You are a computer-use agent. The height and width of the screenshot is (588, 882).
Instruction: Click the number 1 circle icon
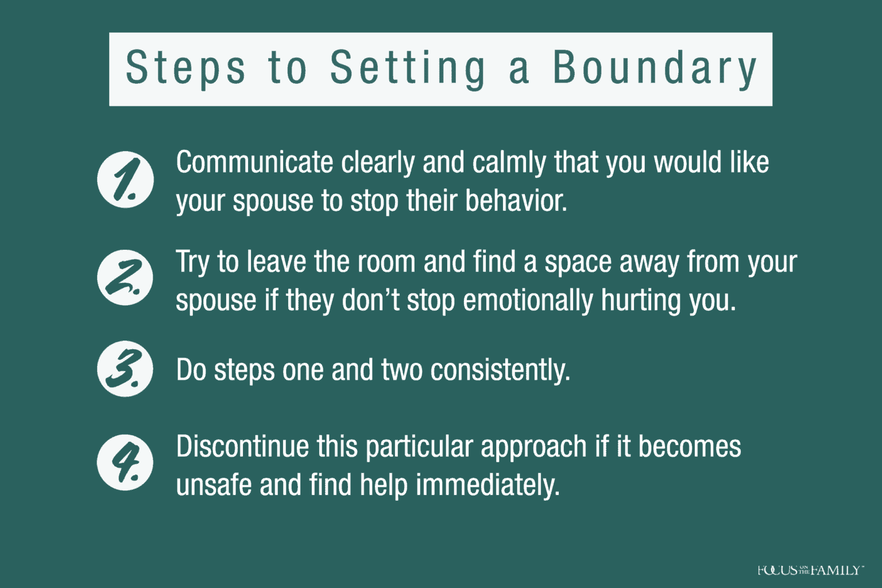pyautogui.click(x=125, y=180)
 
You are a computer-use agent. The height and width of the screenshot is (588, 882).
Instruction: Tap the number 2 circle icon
pyautogui.click(x=125, y=278)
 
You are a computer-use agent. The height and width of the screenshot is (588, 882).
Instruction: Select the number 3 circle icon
pyautogui.click(x=125, y=369)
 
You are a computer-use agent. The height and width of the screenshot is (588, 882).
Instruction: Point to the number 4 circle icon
pyautogui.click(x=125, y=463)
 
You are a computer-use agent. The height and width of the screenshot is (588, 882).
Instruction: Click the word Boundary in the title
pyautogui.click(x=655, y=68)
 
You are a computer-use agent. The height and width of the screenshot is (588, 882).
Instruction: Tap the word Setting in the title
pyautogui.click(x=408, y=68)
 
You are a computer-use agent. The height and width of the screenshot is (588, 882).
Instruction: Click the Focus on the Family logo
pyautogui.click(x=810, y=570)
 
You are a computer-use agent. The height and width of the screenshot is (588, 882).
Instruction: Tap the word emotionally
pyautogui.click(x=528, y=301)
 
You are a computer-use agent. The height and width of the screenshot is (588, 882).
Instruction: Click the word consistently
pyautogui.click(x=500, y=370)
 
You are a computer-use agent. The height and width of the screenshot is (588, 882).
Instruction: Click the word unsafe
pyautogui.click(x=214, y=485)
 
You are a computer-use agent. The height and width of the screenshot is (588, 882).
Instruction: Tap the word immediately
pyautogui.click(x=488, y=486)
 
